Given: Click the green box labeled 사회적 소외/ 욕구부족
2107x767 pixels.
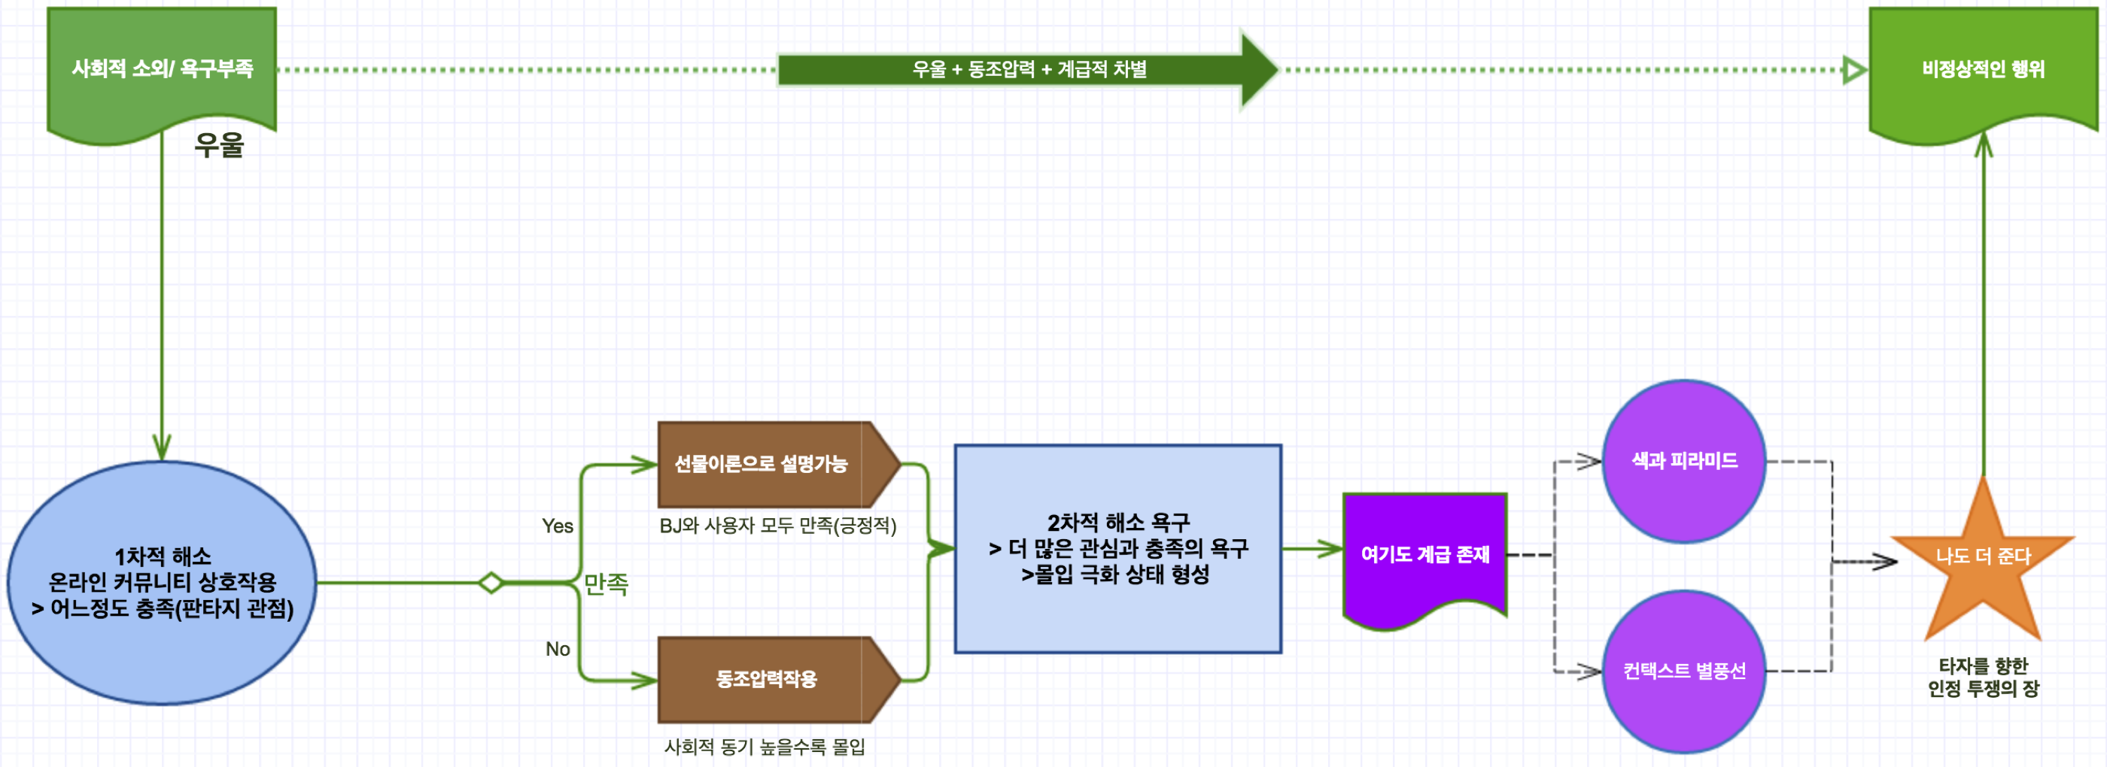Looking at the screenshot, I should (x=162, y=68).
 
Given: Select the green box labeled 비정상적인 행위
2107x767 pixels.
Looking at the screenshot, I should (x=1983, y=68).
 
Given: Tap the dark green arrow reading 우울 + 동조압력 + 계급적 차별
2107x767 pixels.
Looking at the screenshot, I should (x=1029, y=69).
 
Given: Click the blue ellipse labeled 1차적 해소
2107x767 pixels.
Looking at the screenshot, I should (x=162, y=582).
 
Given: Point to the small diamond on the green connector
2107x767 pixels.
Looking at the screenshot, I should (x=491, y=583).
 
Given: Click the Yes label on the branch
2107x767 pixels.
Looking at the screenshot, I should (x=558, y=526).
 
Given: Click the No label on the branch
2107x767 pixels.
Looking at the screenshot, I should (x=558, y=648).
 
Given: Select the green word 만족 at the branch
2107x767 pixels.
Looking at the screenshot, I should (x=606, y=584).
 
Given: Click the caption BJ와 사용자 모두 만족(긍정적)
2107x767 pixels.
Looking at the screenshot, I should (x=778, y=526).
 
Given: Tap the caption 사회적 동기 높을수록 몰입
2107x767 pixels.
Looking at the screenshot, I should (x=764, y=747).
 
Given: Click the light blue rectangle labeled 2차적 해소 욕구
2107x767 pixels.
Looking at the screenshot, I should (x=1118, y=549).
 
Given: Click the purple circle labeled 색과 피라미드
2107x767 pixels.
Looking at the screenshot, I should (x=1684, y=461).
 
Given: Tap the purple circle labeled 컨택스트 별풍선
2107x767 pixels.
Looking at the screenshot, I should (x=1684, y=672).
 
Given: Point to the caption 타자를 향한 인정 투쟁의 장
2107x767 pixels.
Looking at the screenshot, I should (x=1983, y=677).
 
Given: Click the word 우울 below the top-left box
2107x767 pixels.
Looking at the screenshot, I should (x=219, y=146).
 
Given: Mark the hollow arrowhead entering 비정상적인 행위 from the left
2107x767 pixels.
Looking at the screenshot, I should (x=1854, y=69).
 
